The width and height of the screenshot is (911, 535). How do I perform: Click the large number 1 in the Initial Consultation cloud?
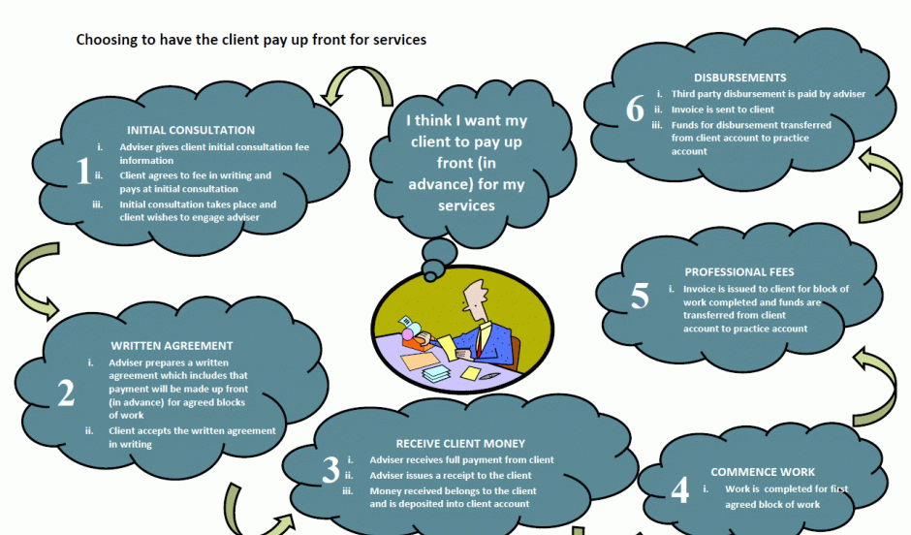pos(82,173)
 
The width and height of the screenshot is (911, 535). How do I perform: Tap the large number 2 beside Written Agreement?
pos(66,393)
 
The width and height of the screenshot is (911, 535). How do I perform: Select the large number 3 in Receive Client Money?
pos(331,470)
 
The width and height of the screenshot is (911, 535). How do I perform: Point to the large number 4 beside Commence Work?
pos(680,489)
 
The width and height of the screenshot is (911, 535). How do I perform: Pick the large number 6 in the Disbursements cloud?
pos(635,110)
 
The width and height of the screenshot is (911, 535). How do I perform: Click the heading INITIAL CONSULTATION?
pos(191,130)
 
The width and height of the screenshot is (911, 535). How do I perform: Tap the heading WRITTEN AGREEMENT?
pos(172,345)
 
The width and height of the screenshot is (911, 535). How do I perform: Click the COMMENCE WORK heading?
pos(763,472)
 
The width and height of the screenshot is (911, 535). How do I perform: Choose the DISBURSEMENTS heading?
pos(739,78)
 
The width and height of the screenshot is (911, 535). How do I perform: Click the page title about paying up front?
pos(251,41)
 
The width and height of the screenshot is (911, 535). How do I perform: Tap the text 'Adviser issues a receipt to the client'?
pos(451,475)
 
